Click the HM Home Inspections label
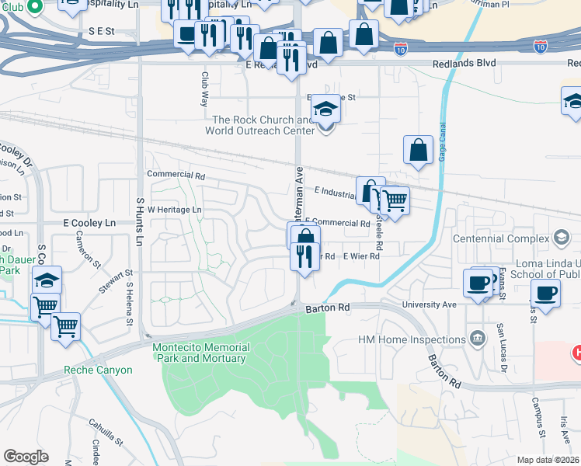pos(411,339)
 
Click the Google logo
pos(26,457)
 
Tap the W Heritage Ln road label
pos(174,210)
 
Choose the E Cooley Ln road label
pos(89,223)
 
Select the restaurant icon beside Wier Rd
pos(304,256)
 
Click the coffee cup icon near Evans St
pos(477,282)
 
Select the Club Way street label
pos(205,89)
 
